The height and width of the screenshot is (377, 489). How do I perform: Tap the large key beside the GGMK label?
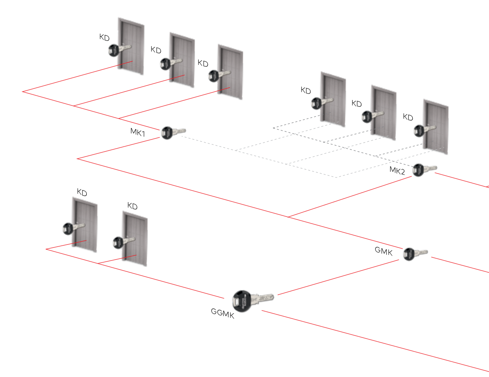[x=253, y=300]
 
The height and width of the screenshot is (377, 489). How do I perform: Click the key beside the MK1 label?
[x=173, y=132]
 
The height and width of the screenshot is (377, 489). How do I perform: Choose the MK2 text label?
[x=397, y=170]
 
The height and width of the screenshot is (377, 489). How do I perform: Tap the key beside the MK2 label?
[x=424, y=169]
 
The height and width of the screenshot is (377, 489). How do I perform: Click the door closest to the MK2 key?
[x=436, y=127]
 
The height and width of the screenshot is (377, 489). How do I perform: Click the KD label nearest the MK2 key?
[x=407, y=117]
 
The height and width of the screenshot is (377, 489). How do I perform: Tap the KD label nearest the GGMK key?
[x=132, y=206]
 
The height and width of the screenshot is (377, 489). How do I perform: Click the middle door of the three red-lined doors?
[x=182, y=58]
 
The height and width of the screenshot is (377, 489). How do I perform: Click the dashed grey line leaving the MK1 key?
[x=207, y=143]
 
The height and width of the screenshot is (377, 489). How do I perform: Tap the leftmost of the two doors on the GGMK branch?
[x=85, y=224]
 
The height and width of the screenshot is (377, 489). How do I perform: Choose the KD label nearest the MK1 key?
[x=203, y=63]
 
